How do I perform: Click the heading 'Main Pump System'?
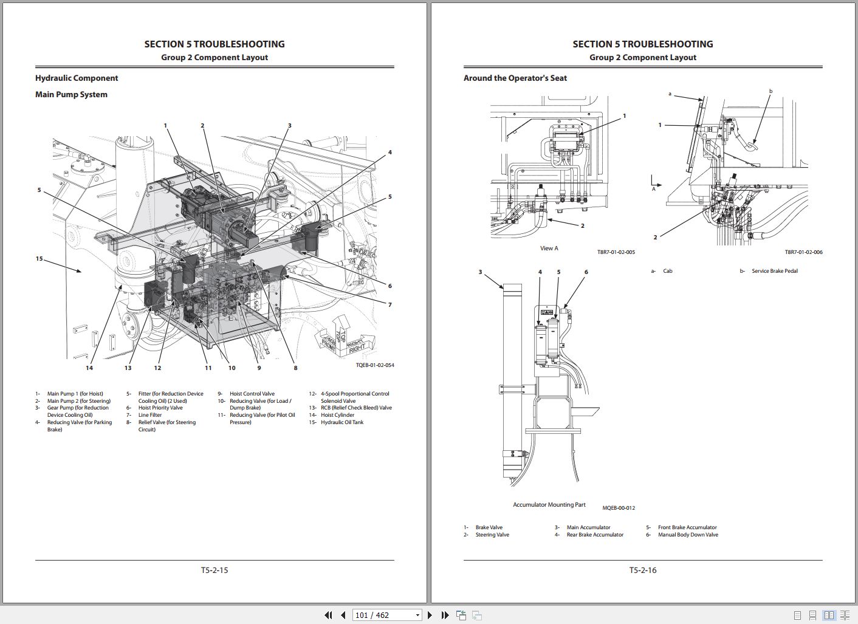coord(71,94)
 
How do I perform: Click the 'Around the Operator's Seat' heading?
coord(515,78)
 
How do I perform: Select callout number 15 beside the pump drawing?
coord(39,259)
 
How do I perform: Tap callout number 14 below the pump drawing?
coord(89,368)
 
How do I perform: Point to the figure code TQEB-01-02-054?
coord(374,365)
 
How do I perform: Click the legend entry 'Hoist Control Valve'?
coord(252,394)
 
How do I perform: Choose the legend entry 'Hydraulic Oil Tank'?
coord(342,422)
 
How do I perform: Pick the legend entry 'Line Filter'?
coord(150,415)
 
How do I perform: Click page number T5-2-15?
coord(214,570)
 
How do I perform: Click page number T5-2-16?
coord(643,570)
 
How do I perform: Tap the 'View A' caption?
coord(549,248)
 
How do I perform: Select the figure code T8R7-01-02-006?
coord(803,252)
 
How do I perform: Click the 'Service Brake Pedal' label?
coord(774,271)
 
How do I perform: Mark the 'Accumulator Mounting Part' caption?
coord(549,505)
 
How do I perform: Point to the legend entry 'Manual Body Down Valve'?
coord(688,535)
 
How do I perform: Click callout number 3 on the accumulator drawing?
coord(480,272)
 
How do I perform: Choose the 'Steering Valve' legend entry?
coord(492,535)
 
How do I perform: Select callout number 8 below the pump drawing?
coord(295,368)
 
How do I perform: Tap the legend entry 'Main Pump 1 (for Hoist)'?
coord(75,394)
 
